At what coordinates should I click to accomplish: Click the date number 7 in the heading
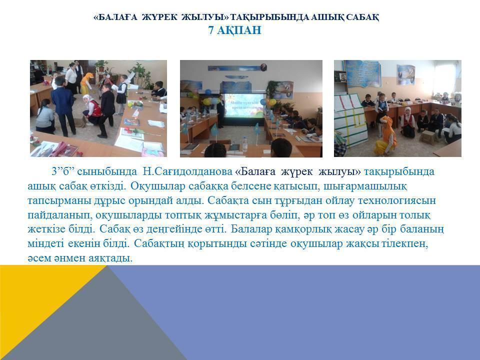211,30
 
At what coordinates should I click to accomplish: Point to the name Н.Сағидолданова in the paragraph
187,171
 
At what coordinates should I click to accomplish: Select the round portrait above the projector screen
263,67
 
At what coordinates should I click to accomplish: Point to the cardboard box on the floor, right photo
427,136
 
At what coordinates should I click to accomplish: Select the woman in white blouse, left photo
71,78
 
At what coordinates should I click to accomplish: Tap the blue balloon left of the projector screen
208,91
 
